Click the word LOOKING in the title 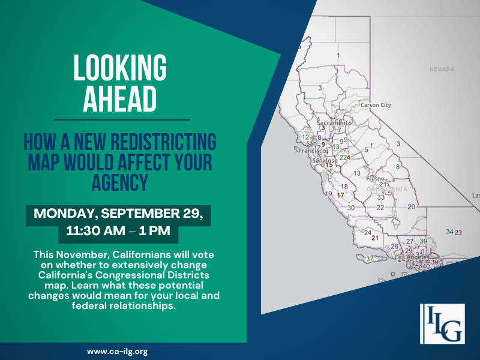click(x=119, y=68)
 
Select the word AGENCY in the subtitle click(x=119, y=182)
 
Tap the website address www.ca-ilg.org click(x=118, y=351)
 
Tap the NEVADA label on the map click(x=442, y=70)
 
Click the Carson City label click(x=375, y=105)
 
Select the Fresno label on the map click(x=376, y=179)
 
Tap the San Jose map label click(x=323, y=161)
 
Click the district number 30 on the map click(x=351, y=208)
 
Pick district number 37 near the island click(x=370, y=259)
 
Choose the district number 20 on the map click(x=411, y=207)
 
